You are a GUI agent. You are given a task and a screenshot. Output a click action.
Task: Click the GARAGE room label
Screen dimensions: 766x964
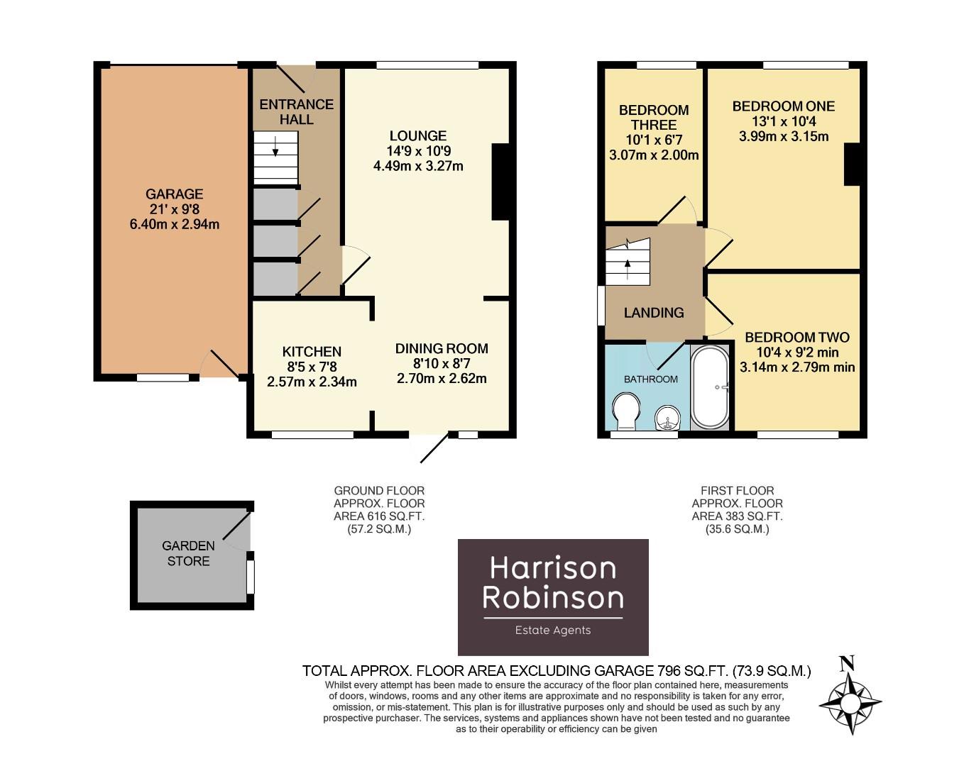tap(174, 194)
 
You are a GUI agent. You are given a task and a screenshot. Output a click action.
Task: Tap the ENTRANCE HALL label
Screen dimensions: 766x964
tap(296, 112)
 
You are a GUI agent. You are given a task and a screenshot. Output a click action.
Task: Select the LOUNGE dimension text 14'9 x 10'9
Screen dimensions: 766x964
tap(418, 151)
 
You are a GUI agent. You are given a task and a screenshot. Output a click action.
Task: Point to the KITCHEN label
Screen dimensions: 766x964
tap(312, 352)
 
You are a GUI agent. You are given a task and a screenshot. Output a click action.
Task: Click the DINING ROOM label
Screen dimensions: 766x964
tap(442, 349)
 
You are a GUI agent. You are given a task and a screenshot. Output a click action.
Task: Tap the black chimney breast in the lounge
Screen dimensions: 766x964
tap(500, 182)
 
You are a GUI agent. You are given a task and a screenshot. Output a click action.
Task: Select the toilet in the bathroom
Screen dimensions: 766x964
tap(625, 412)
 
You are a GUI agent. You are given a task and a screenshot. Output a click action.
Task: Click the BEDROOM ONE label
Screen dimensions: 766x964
tap(783, 106)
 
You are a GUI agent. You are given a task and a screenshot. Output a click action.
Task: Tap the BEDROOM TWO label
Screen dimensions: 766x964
tap(796, 338)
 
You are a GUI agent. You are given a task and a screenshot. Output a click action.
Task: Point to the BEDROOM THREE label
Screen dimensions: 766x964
tap(654, 117)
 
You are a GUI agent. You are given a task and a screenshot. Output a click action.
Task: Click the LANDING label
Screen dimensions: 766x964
tap(654, 313)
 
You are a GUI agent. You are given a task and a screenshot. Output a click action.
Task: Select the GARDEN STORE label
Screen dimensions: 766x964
tap(188, 553)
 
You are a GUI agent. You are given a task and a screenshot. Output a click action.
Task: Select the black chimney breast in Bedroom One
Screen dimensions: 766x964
tap(851, 165)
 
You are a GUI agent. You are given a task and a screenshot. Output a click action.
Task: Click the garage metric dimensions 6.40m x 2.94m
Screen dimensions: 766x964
tap(174, 224)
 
